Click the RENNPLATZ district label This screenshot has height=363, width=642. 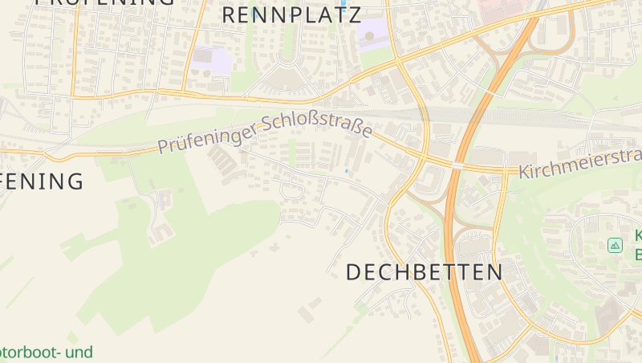coord(291,14)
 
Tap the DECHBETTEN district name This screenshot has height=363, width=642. coord(425,272)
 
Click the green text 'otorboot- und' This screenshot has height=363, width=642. coord(46,352)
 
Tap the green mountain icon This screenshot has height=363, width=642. coord(616,245)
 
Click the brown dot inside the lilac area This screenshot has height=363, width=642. coord(369,35)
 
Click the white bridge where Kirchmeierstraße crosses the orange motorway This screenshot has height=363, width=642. coord(457,165)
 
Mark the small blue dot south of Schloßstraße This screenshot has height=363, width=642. coord(347,171)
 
